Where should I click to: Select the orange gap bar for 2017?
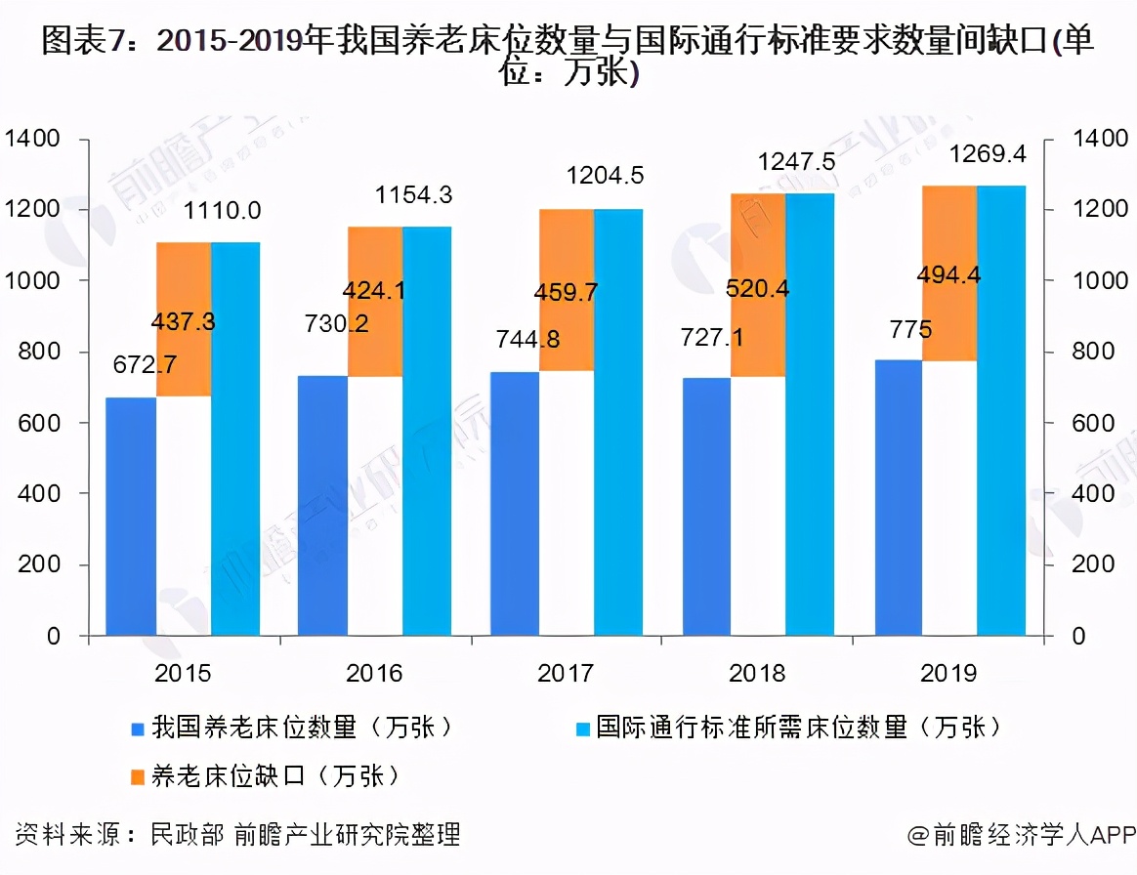click(567, 289)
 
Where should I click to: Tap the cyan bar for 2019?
click(1001, 410)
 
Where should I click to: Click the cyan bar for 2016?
click(427, 430)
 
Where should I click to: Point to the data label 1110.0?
click(222, 209)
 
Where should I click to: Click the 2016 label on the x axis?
click(374, 673)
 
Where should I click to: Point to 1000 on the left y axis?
click(34, 281)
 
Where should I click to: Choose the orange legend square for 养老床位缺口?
click(136, 778)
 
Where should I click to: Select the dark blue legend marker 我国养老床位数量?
click(136, 729)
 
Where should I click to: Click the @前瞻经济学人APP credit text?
click(1021, 835)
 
